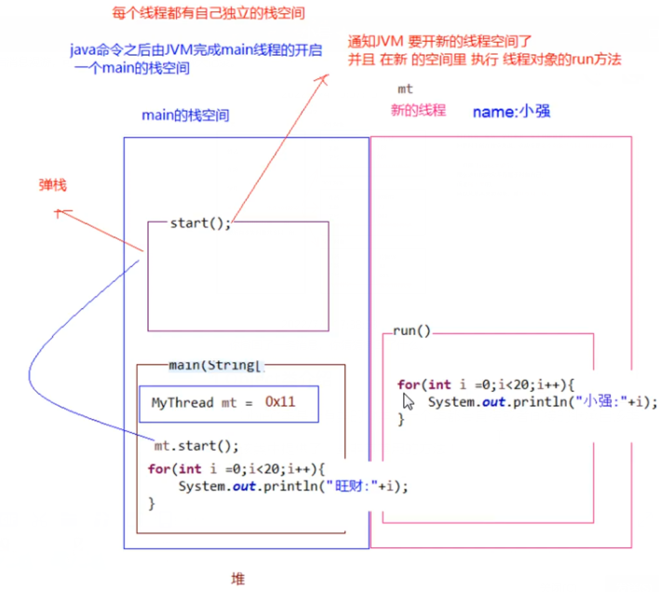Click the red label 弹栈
click(52, 185)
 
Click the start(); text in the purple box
click(200, 222)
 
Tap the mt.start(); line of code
click(196, 446)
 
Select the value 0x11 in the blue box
click(279, 403)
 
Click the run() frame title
click(412, 330)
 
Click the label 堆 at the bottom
click(237, 578)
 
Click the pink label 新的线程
click(418, 110)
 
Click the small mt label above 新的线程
click(405, 89)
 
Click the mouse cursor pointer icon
click(408, 400)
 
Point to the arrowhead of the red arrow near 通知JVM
click(326, 79)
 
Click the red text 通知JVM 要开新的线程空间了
click(438, 42)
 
